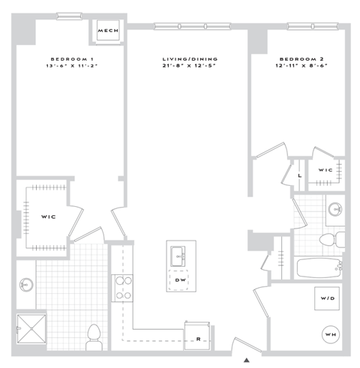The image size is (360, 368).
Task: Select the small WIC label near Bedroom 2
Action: (325, 170)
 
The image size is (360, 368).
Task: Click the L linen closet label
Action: (299, 175)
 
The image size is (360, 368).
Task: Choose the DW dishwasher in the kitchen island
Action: (181, 280)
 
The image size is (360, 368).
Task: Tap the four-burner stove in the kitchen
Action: (122, 288)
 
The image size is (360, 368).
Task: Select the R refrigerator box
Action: (198, 337)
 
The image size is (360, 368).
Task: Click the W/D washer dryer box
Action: (328, 300)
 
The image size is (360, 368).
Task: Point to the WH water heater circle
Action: (330, 334)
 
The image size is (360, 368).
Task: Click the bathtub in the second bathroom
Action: (316, 268)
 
